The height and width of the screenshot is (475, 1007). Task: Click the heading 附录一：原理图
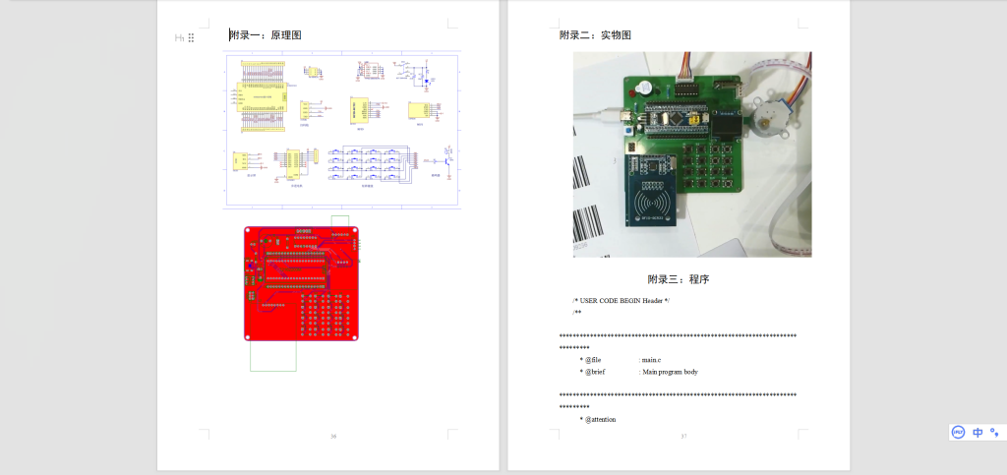coord(266,35)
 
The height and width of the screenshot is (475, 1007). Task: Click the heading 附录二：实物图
coord(595,35)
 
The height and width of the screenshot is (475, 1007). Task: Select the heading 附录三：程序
coord(679,279)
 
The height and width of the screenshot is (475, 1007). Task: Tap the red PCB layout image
coord(301,284)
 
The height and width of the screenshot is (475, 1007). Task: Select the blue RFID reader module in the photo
coord(652,193)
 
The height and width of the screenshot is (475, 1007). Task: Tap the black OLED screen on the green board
coord(728,124)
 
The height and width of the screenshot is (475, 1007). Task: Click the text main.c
coord(652,360)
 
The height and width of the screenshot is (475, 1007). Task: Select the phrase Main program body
coord(671,372)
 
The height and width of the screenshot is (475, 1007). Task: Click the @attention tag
coord(601,419)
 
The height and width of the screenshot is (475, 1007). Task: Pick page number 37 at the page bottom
coord(682,436)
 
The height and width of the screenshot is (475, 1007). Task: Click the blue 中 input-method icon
coord(977,433)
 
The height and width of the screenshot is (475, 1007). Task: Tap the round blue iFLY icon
coord(958,433)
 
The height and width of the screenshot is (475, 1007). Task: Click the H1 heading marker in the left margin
coord(180,37)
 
